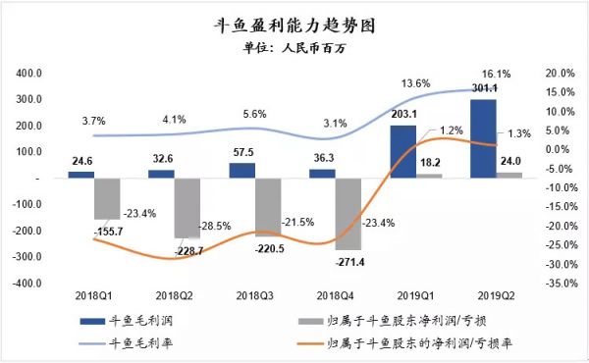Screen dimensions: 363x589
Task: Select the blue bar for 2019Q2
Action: [x=483, y=138]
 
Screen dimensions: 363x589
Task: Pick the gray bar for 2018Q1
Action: [x=107, y=198]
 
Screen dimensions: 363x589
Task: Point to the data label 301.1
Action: [x=483, y=89]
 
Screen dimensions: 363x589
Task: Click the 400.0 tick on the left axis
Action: [x=27, y=74]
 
